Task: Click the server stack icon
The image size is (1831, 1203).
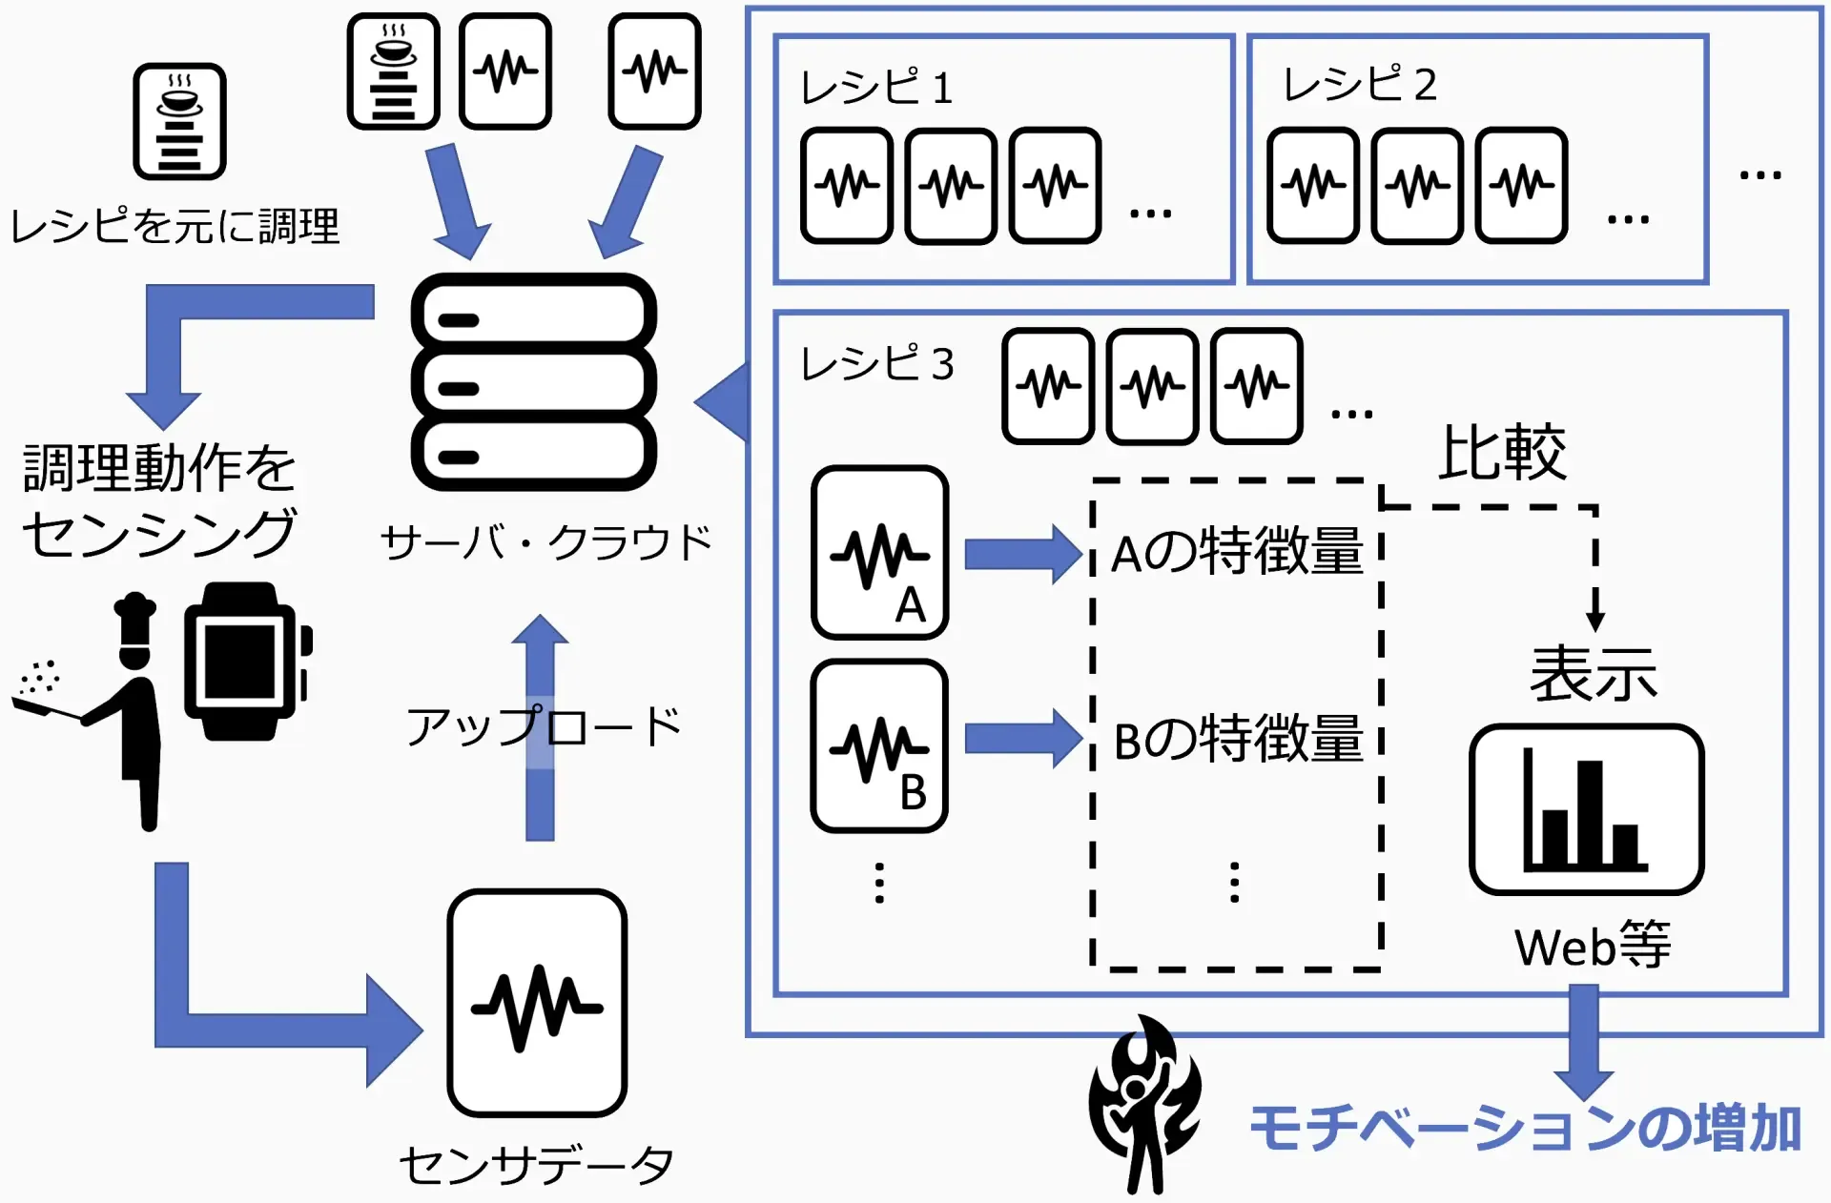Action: (534, 382)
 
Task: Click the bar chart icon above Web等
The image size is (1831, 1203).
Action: (1586, 809)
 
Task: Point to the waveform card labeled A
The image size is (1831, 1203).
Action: (879, 553)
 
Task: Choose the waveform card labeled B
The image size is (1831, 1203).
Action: (879, 745)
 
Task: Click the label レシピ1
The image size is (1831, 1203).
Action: (876, 88)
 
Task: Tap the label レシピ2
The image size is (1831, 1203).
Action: (1359, 85)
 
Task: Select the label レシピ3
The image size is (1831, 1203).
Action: (876, 363)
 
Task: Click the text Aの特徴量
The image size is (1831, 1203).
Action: (1237, 553)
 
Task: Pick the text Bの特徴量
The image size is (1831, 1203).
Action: (1237, 740)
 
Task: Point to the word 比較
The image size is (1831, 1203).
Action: (1502, 453)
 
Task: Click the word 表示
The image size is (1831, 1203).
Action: (1593, 674)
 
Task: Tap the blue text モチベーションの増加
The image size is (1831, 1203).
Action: (1525, 1129)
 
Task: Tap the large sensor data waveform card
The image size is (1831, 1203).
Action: (537, 1003)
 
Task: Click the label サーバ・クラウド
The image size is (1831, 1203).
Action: (545, 542)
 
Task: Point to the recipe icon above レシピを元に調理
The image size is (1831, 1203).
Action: (179, 122)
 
